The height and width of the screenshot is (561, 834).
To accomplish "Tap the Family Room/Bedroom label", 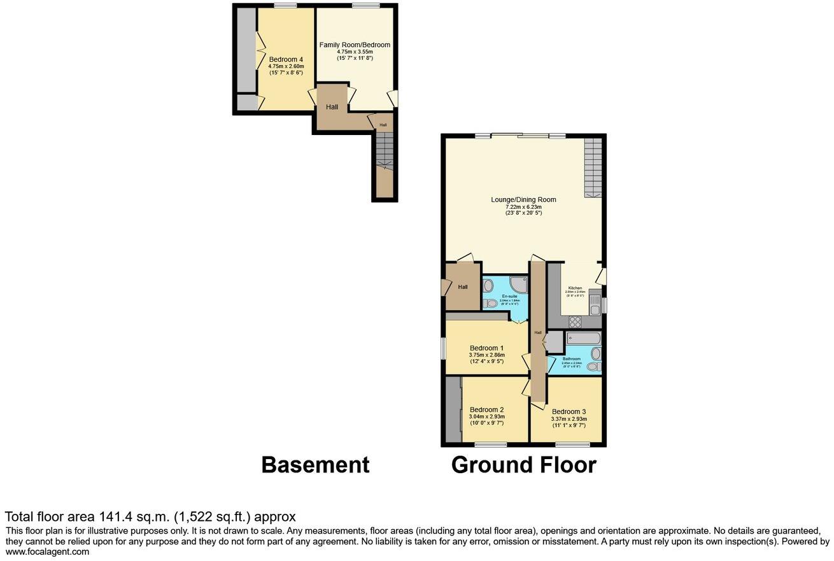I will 355,45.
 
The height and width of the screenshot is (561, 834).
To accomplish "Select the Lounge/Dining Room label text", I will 523,199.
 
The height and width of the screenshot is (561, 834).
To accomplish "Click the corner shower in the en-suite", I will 518,285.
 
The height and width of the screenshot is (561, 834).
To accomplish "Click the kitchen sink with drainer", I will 595,302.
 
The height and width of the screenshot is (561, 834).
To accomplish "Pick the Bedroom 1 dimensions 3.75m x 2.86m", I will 487,355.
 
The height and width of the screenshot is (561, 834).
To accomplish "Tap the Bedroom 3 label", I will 569,411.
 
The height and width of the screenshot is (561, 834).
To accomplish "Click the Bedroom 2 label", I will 487,409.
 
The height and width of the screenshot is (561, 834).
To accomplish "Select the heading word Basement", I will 315,465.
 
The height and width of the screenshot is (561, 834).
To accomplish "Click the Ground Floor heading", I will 523,465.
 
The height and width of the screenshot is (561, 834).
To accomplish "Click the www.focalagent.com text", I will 48,552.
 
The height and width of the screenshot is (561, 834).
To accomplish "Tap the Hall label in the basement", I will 332,107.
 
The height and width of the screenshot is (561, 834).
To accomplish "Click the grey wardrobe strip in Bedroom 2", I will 453,409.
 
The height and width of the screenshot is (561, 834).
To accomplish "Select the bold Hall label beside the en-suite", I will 463,287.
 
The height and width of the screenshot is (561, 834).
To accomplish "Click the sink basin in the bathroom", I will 595,353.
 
